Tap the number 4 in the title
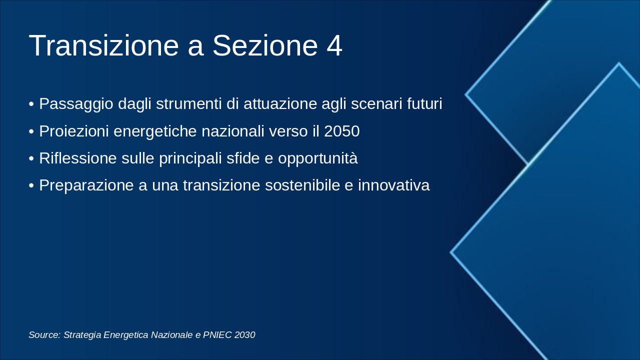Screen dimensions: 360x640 pos(334,45)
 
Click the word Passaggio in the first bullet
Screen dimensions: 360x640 pos(76,104)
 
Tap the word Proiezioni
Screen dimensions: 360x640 pos(74,131)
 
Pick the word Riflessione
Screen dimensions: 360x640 pos(78,158)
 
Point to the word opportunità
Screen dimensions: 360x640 pos(318,158)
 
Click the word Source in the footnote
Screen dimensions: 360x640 pos(44,335)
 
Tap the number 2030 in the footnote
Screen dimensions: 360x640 pos(244,335)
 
